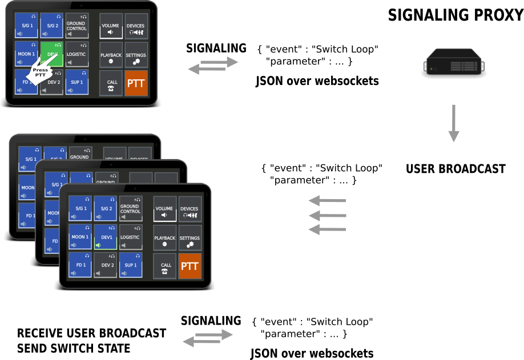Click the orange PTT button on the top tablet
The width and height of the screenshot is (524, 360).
(136, 83)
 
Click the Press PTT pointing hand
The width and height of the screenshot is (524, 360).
(41, 72)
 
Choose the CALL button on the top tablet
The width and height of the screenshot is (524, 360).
(111, 83)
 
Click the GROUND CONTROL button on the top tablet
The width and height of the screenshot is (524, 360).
(76, 26)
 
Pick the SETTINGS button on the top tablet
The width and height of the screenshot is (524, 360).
(136, 55)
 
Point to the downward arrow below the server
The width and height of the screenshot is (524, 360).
(454, 123)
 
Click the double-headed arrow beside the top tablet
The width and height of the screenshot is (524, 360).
(213, 65)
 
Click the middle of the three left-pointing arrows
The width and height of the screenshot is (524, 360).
(328, 215)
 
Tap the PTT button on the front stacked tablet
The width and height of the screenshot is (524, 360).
(190, 266)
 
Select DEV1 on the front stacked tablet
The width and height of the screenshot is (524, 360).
(105, 237)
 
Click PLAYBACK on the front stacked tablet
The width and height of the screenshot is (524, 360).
(164, 237)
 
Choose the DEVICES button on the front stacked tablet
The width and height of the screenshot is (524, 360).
(190, 209)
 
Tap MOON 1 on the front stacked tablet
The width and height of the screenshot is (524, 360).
(80, 237)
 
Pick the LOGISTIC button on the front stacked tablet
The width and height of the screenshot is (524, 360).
(130, 237)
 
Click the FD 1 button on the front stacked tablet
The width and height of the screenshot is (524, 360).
(80, 265)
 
